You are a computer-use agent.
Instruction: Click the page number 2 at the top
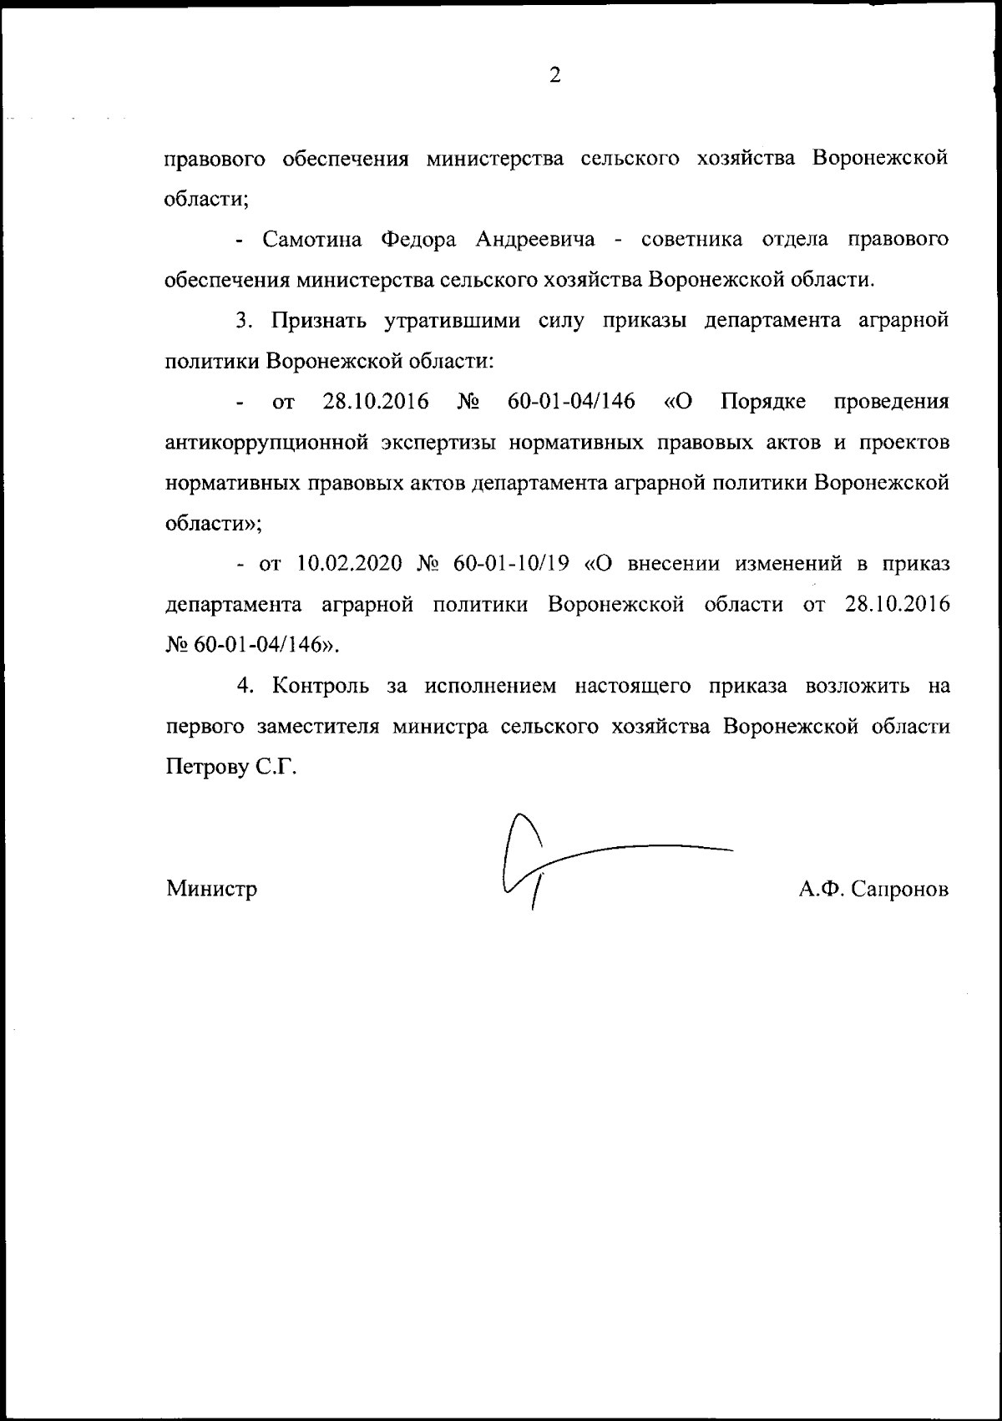(555, 76)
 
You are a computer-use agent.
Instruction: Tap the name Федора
(418, 241)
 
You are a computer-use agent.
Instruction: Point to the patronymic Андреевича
(535, 241)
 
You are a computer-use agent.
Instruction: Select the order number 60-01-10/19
(511, 564)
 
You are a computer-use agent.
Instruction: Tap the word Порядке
(763, 403)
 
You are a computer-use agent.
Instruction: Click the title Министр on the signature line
(211, 889)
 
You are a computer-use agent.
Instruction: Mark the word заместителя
(317, 727)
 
